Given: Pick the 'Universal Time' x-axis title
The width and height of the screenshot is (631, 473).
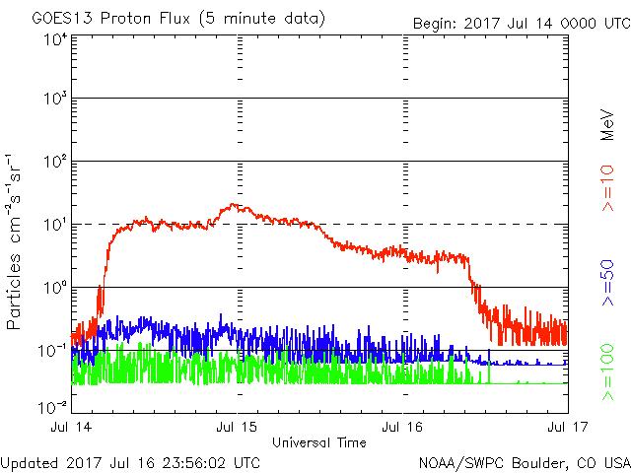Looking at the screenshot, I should click(x=319, y=442).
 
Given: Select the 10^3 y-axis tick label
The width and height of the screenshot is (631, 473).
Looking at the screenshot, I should click(x=54, y=99).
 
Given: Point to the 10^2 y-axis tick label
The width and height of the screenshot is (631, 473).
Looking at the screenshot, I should click(x=54, y=162).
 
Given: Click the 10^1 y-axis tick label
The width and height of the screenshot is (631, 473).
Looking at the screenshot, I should click(x=54, y=225).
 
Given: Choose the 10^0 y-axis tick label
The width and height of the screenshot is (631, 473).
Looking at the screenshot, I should click(x=54, y=288).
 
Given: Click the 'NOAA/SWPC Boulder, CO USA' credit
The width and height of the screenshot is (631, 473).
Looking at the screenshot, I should click(x=524, y=462).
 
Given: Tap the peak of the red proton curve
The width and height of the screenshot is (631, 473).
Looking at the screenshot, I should click(x=234, y=205).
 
